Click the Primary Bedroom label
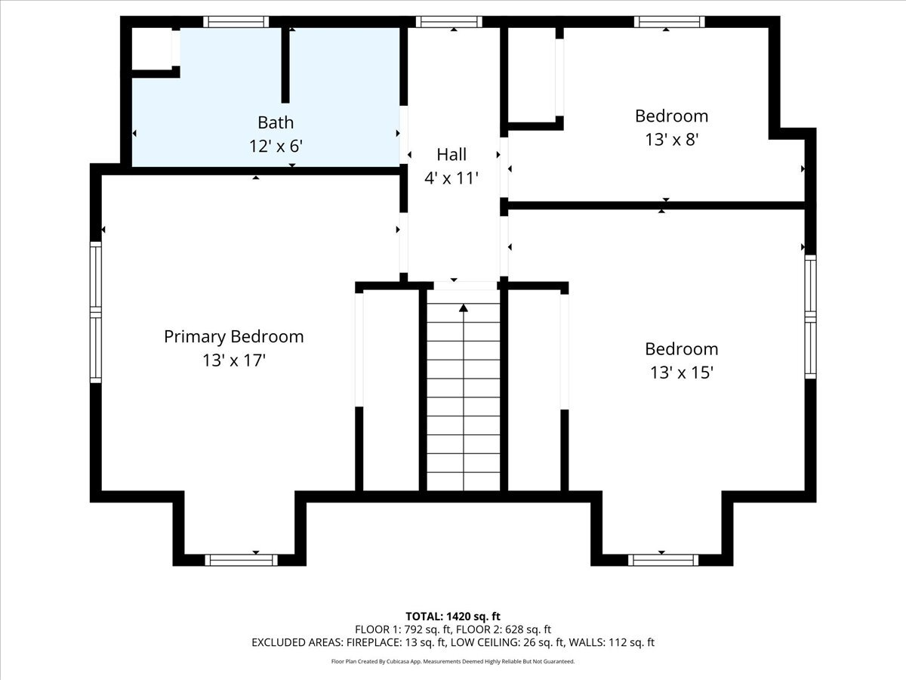pos(233,337)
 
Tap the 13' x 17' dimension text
pos(233,361)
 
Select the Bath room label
pos(276,122)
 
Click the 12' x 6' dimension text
pos(276,147)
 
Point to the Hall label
pos(451,155)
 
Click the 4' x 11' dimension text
pos(451,178)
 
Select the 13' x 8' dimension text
pos(671,140)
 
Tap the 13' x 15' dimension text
pos(681,372)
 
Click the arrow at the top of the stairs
pos(464,308)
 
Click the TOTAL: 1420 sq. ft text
pos(453,617)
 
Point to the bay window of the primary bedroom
pos(241,559)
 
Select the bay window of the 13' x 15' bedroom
pos(663,559)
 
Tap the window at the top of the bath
pos(236,22)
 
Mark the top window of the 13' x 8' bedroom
pos(669,22)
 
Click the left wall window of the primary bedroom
pos(96,311)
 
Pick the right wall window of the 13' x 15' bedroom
pos(810,316)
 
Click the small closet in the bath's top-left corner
pos(153,50)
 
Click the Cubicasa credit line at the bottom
pos(453,661)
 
